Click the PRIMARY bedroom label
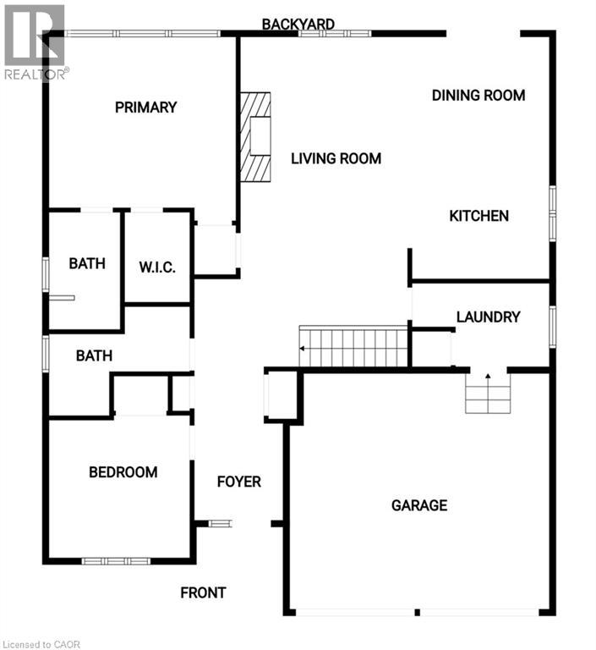[x=145, y=107]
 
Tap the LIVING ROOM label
[x=336, y=158]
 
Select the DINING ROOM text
[x=478, y=96]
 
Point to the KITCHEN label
[x=478, y=216]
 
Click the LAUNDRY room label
[x=488, y=317]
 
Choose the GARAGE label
[x=419, y=505]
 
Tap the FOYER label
[x=239, y=482]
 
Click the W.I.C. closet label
[x=157, y=267]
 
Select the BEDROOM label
[x=123, y=472]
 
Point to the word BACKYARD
[x=298, y=24]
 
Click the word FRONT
[x=203, y=592]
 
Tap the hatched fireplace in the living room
[x=255, y=137]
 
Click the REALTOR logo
[x=35, y=42]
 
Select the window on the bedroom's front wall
[x=116, y=561]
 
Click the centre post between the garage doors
[x=417, y=612]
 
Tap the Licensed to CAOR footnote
[x=41, y=644]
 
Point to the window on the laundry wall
[x=553, y=327]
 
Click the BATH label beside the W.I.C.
[x=87, y=264]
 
